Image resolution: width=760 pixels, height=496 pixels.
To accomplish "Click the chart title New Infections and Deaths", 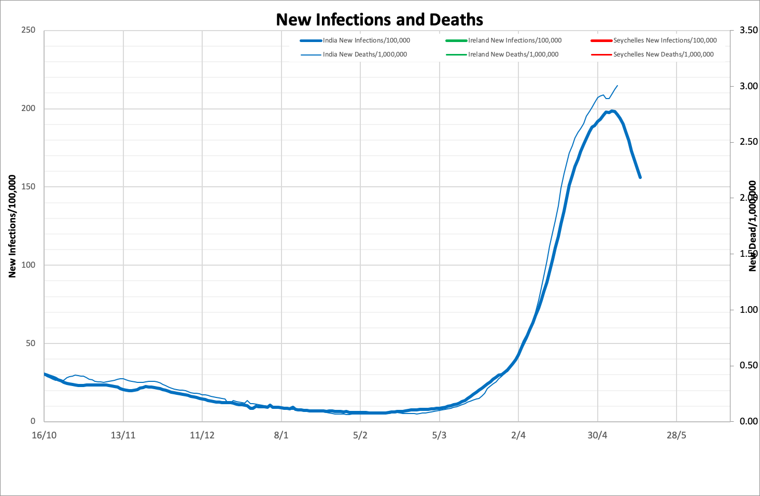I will (379, 20).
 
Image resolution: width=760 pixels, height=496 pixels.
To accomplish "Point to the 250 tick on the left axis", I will (28, 30).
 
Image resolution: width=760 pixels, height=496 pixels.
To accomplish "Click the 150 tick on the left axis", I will (28, 187).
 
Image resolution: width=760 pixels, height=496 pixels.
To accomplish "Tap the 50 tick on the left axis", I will (30, 343).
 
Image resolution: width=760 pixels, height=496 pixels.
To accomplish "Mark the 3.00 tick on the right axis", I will (748, 86).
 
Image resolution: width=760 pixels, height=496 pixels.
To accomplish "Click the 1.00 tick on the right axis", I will (748, 310).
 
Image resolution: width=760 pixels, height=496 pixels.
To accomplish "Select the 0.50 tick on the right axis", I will (748, 365).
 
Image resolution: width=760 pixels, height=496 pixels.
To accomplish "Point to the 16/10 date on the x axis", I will (44, 435).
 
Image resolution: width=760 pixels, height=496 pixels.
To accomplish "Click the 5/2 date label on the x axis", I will (360, 435).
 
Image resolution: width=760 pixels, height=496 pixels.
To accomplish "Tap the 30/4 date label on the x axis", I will (597, 435).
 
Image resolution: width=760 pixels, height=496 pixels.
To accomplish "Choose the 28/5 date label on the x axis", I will (676, 435).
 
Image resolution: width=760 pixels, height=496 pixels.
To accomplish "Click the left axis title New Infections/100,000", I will (12, 226).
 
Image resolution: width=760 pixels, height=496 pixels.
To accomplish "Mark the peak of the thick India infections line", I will (612, 111).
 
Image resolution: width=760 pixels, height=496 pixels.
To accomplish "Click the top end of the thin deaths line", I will (617, 86).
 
